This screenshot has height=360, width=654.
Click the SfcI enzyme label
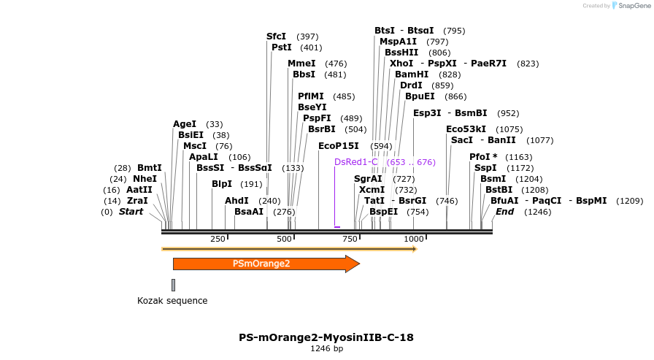click(276, 36)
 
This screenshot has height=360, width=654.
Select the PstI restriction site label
click(281, 47)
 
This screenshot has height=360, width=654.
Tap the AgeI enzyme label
click(185, 124)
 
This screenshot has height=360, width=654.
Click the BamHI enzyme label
click(412, 74)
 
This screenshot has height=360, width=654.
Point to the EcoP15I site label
click(338, 146)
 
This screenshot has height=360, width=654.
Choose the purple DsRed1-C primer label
click(356, 161)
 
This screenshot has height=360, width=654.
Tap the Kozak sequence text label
click(172, 300)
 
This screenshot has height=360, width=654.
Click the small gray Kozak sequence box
click(173, 285)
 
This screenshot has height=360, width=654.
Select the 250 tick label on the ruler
click(218, 240)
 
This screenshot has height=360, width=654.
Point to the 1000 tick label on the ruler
click(414, 240)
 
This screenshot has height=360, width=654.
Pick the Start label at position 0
click(131, 212)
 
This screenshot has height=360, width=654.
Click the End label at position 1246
click(504, 212)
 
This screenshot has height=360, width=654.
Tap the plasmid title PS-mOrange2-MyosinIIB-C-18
click(326, 337)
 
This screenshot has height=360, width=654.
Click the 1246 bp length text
click(326, 348)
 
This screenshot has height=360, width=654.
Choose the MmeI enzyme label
click(301, 64)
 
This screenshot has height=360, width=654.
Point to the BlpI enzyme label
click(222, 184)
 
